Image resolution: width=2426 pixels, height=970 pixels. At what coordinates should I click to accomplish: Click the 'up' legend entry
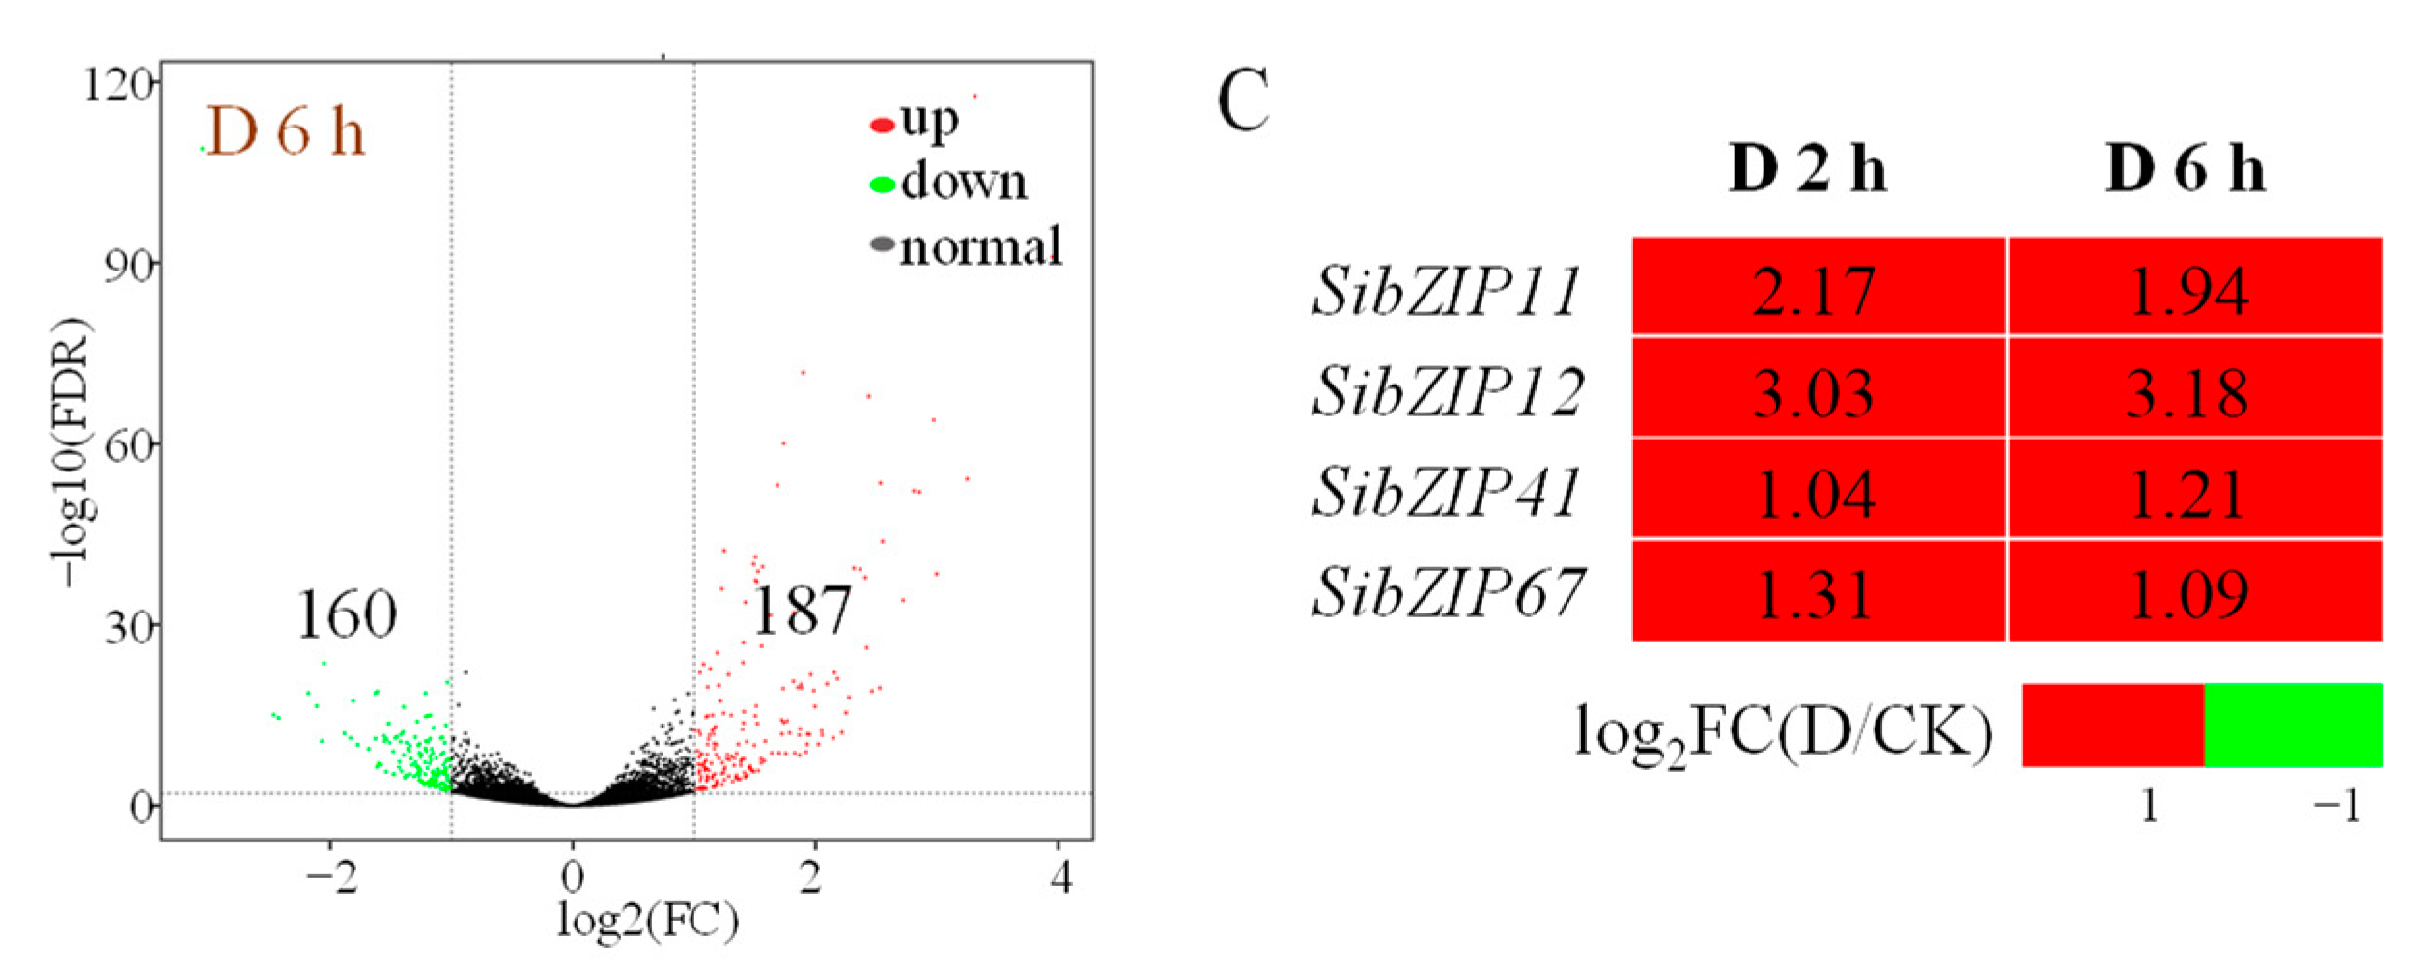point(916,122)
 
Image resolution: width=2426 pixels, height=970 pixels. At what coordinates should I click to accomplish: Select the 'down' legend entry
point(949,183)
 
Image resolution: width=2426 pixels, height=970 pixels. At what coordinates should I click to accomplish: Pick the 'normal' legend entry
point(967,246)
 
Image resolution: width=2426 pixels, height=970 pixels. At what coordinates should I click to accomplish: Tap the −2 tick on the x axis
point(331,878)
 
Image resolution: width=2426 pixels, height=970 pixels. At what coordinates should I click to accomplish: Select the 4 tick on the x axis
point(1061,878)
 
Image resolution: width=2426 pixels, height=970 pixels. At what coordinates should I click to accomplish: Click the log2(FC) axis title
point(648,921)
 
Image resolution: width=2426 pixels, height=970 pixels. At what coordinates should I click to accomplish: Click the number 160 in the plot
point(346,615)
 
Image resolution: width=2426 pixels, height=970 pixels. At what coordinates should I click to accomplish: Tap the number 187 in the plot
point(802,611)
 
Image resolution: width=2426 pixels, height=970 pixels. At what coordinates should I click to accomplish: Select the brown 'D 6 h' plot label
point(285,131)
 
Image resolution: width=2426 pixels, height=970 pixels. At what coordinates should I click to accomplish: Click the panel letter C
point(1242,101)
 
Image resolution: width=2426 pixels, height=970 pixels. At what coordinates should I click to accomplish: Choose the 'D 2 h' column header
point(1807,170)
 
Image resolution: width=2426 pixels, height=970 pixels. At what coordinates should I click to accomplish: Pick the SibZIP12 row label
point(1447,392)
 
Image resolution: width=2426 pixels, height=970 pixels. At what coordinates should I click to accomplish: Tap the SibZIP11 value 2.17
point(1813,290)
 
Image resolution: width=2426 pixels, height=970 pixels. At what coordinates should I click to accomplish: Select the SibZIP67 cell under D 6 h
point(2187,593)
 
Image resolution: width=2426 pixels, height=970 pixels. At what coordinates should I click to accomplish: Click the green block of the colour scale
point(2292,726)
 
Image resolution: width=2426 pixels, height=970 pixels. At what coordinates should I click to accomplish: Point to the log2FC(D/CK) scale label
point(1783,733)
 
